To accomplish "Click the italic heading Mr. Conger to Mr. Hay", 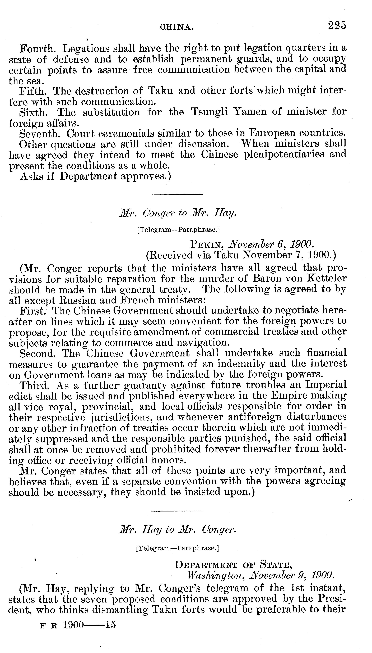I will click(178, 213).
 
